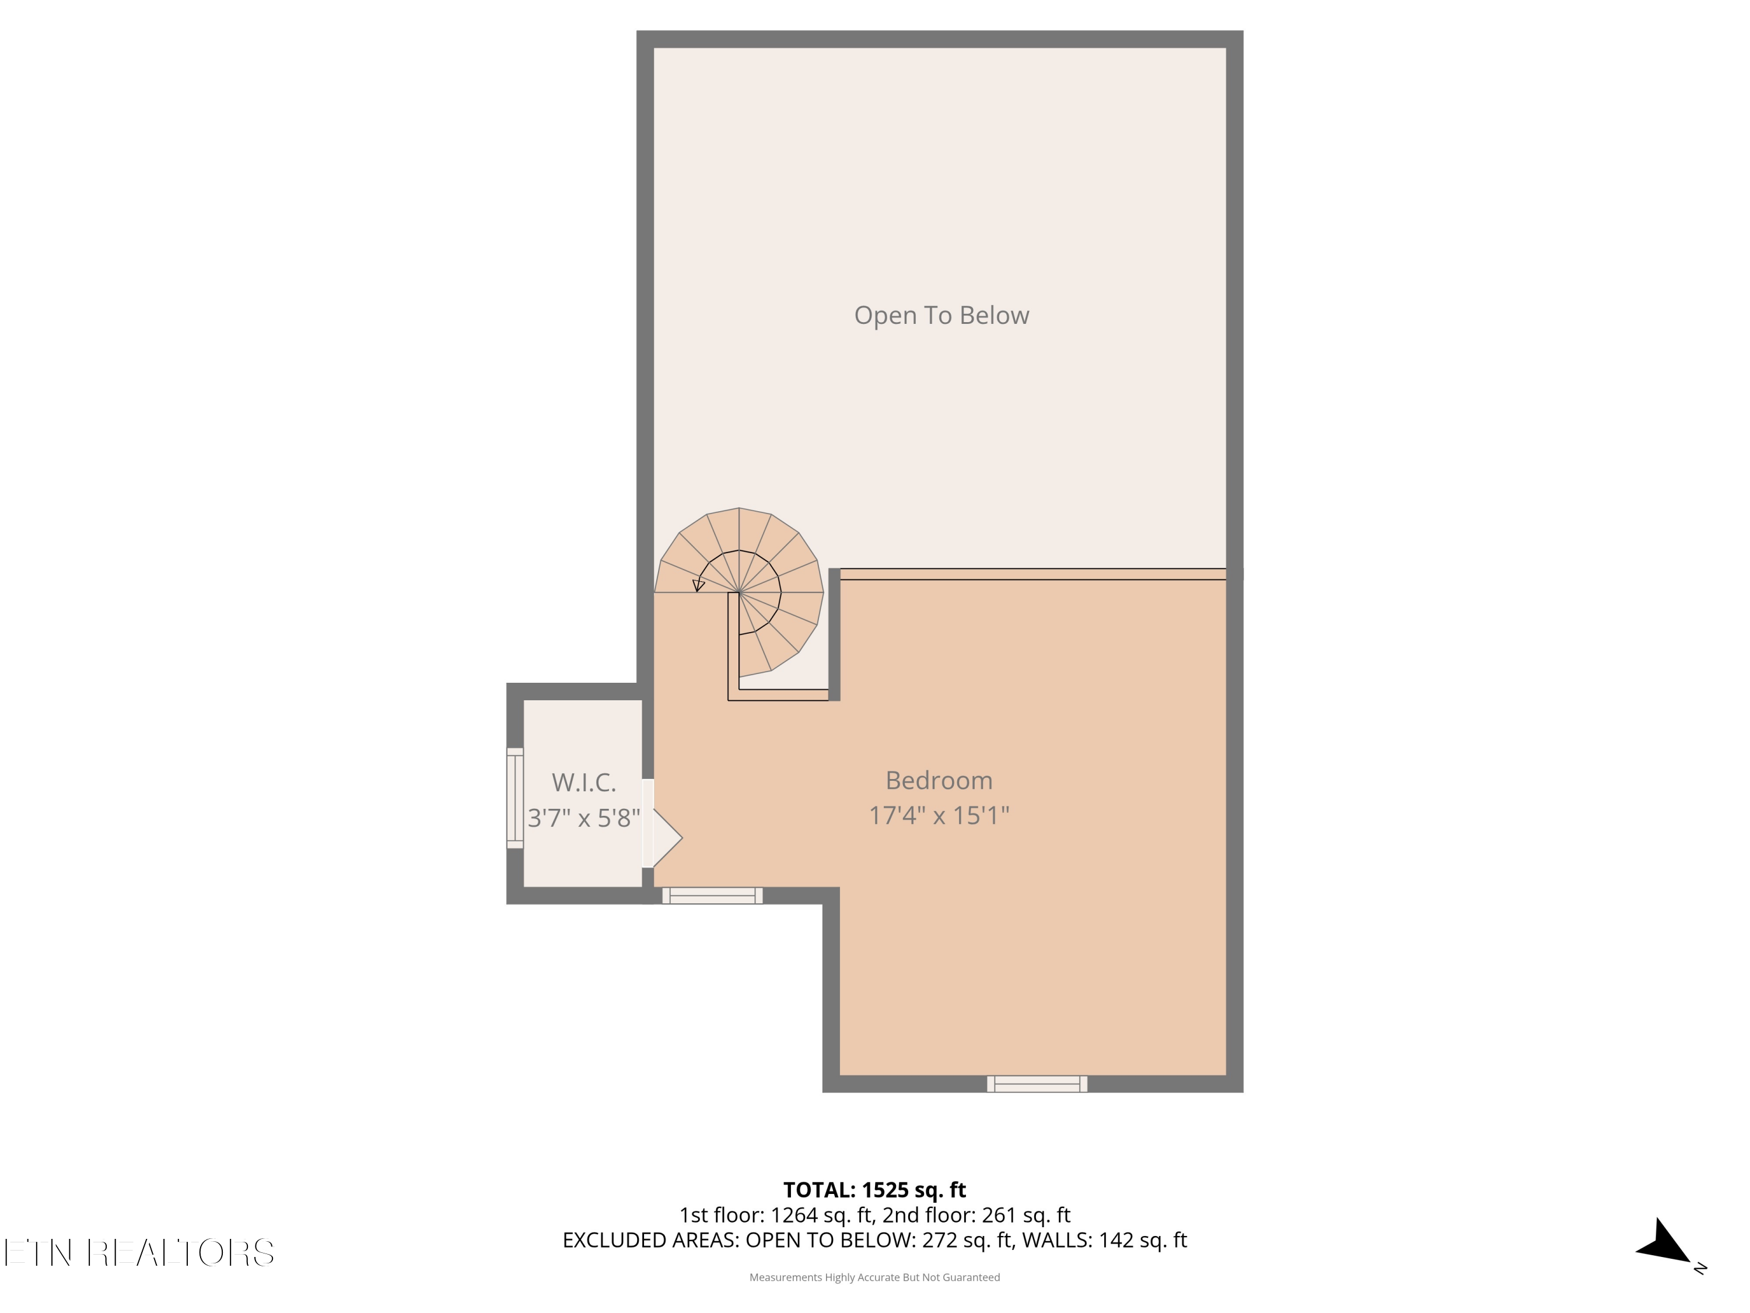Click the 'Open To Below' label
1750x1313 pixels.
[942, 315]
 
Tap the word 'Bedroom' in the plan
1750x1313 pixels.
[939, 780]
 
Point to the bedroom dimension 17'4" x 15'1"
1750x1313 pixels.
[939, 815]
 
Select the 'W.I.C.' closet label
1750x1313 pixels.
[584, 782]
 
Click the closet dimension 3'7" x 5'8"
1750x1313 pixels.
[584, 818]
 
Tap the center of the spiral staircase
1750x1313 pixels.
[739, 591]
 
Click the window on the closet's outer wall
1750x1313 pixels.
[515, 798]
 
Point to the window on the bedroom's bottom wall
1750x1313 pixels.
[1037, 1084]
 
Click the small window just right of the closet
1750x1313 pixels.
[712, 895]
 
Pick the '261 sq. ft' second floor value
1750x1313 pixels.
[1026, 1215]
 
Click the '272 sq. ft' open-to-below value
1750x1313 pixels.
[967, 1240]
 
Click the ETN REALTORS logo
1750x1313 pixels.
[139, 1253]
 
